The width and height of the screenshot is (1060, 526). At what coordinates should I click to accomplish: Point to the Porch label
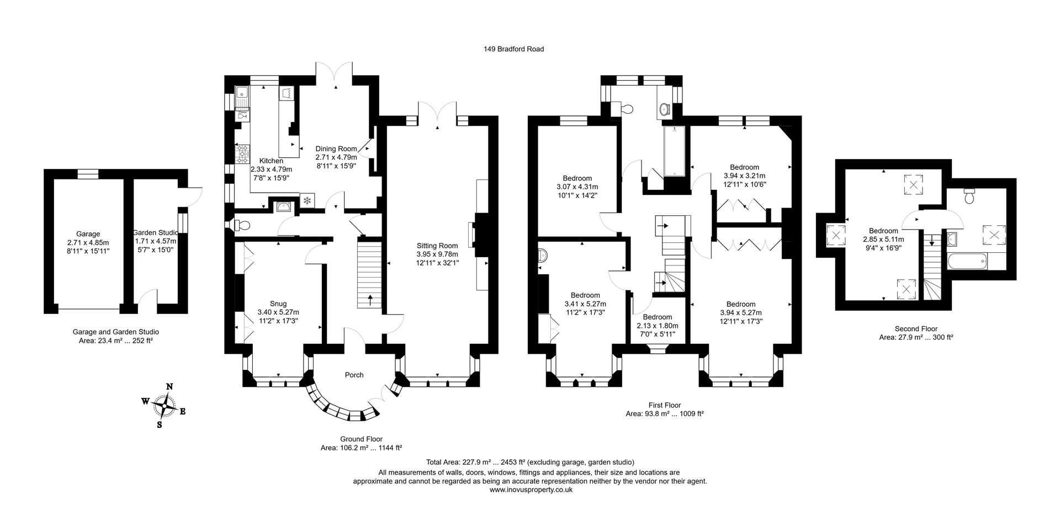pyautogui.click(x=354, y=375)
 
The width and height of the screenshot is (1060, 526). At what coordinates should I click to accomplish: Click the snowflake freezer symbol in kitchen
pyautogui.click(x=307, y=201)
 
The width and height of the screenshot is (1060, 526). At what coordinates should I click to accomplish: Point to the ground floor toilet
pyautogui.click(x=239, y=225)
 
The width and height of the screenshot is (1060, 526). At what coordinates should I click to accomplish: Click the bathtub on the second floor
pyautogui.click(x=967, y=261)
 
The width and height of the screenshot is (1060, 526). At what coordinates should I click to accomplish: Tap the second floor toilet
pyautogui.click(x=969, y=196)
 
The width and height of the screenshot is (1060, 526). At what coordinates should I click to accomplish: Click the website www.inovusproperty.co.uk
pyautogui.click(x=531, y=490)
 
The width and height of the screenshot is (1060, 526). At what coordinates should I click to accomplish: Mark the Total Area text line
pyautogui.click(x=530, y=463)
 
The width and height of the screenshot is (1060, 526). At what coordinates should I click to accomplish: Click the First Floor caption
pyautogui.click(x=665, y=405)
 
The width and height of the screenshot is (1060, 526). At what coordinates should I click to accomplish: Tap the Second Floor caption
pyautogui.click(x=916, y=329)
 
